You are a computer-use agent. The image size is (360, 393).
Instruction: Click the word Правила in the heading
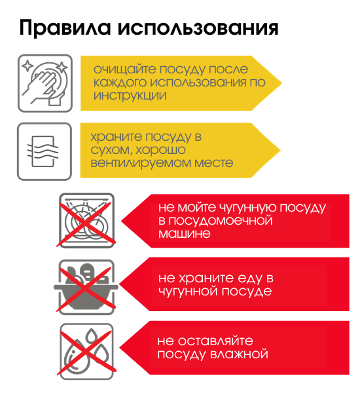pyautogui.click(x=65, y=28)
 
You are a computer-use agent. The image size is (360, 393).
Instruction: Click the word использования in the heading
pyautogui.click(x=198, y=28)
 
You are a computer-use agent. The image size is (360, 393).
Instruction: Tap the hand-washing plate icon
pyautogui.click(x=45, y=83)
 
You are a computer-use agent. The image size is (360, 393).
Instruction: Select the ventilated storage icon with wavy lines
pyautogui.click(x=45, y=151)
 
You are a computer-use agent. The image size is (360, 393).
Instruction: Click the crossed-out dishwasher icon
pyautogui.click(x=86, y=221)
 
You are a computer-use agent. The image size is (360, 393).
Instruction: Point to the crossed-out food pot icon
pyautogui.click(x=86, y=287)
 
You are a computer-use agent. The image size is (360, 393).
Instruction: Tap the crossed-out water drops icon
pyautogui.click(x=86, y=351)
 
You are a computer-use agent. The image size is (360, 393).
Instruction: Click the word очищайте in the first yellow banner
pyautogui.click(x=125, y=69)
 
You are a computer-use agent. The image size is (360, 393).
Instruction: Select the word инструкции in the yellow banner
pyautogui.click(x=130, y=96)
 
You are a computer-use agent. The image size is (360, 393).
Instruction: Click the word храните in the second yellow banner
pyautogui.click(x=117, y=137)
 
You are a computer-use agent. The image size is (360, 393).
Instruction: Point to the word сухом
pyautogui.click(x=112, y=151)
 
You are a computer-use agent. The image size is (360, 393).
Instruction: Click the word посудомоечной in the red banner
pyautogui.click(x=221, y=221)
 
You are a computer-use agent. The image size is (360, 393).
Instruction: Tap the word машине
pyautogui.click(x=185, y=234)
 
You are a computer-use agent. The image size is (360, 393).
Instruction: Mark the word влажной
pyautogui.click(x=239, y=354)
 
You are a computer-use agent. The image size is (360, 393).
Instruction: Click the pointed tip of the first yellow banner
pyautogui.click(x=282, y=83)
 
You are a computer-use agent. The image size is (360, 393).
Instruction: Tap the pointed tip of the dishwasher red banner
pyautogui.click(x=121, y=221)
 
